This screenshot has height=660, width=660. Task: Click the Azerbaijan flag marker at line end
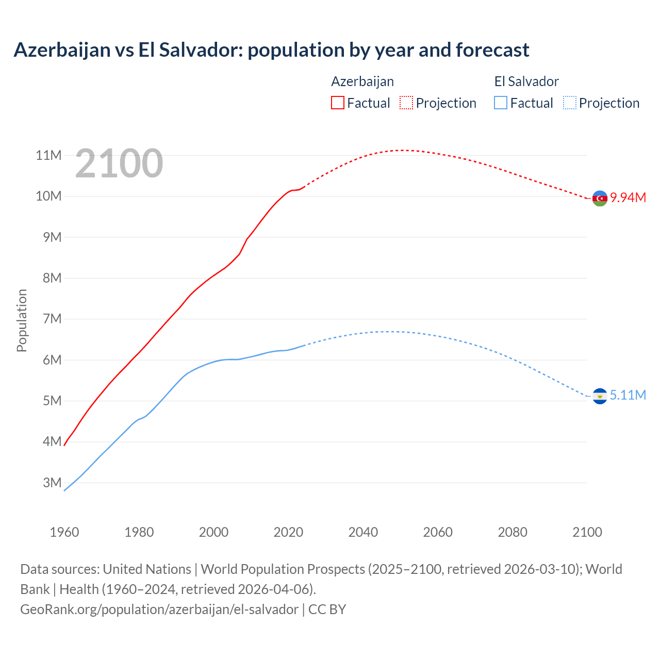(600, 198)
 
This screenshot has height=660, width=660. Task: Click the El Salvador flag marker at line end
(600, 396)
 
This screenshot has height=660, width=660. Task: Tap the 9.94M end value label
(628, 198)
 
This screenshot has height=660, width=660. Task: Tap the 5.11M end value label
(628, 395)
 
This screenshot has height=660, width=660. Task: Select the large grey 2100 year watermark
(119, 163)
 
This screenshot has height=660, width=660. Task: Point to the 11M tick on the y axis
(48, 155)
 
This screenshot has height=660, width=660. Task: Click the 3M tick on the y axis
(52, 483)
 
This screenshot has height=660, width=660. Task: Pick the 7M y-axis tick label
(52, 319)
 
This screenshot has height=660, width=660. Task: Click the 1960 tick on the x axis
(64, 532)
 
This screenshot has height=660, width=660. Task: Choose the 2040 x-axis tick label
(363, 532)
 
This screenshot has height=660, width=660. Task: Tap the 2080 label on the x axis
(513, 532)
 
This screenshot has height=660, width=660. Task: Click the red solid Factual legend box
(338, 103)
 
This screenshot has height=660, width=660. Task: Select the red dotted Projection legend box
(406, 103)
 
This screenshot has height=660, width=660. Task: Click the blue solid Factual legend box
(501, 103)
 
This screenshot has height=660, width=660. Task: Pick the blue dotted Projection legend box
(570, 103)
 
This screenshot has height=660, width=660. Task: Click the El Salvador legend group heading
(526, 81)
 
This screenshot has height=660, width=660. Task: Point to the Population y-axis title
(22, 320)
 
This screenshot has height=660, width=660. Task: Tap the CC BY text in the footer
(327, 609)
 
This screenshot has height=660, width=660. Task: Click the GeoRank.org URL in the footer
(159, 609)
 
